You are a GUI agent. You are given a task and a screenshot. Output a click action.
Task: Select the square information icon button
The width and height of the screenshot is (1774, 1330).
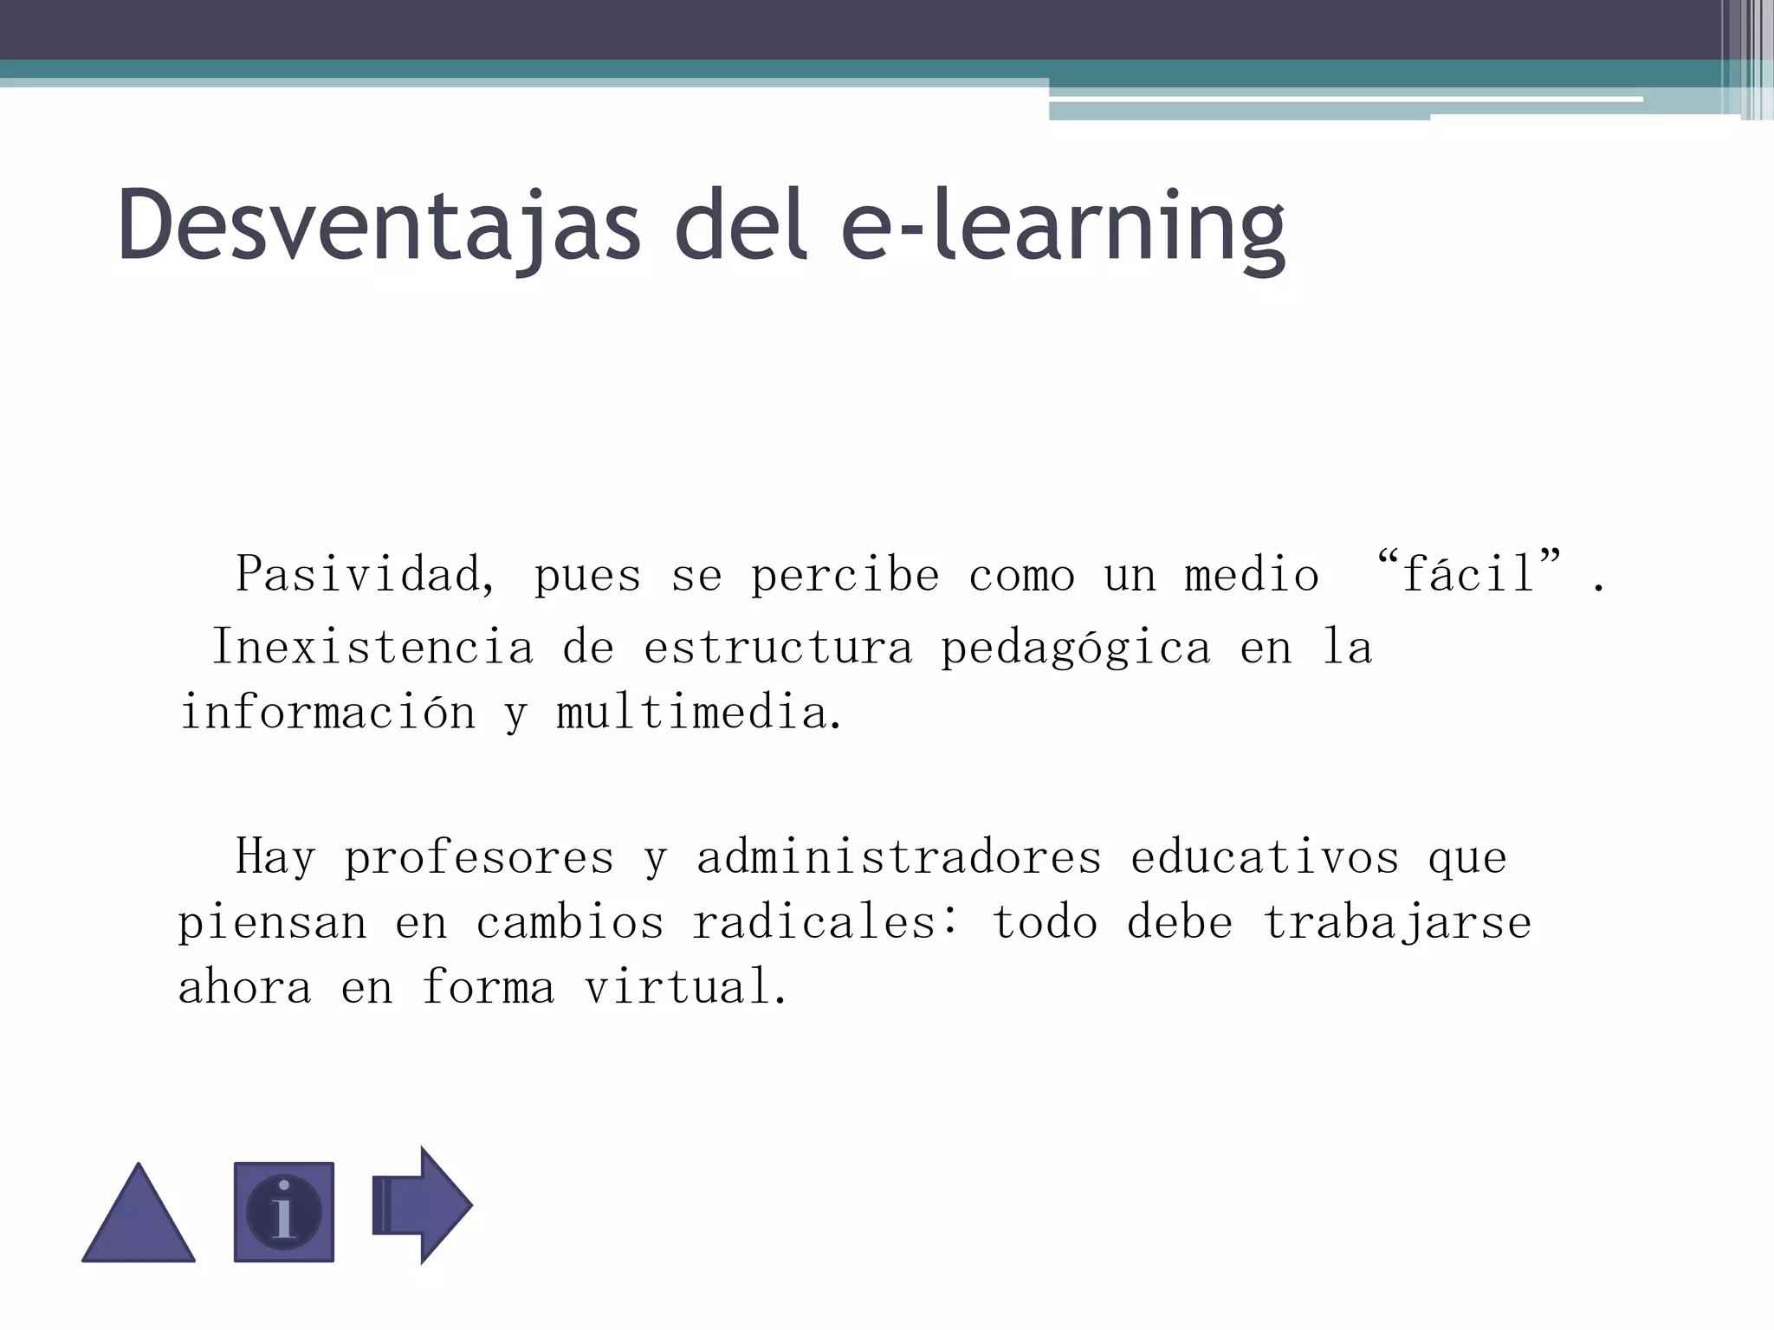[284, 1211]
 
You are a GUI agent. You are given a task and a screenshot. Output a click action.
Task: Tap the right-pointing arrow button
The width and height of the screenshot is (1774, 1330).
[422, 1204]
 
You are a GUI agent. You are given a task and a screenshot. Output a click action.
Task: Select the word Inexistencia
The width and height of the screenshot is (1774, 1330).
[372, 648]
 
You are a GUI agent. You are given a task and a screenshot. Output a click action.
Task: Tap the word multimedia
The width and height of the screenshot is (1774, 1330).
[698, 713]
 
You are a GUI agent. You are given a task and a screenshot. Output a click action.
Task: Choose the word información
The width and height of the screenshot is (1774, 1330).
[327, 713]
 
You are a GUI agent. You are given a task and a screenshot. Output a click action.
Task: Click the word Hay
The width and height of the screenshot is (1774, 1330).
[275, 858]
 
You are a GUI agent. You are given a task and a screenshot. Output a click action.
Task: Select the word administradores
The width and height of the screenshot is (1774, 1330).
[899, 858]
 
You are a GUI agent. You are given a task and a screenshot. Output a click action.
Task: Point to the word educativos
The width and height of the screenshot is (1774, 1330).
[1265, 858]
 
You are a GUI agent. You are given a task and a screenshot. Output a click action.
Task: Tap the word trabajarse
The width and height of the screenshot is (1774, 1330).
[1397, 923]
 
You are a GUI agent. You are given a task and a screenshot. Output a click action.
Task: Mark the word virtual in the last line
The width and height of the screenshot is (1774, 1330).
[685, 988]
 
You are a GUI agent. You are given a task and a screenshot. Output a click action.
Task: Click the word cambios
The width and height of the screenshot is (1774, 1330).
[570, 923]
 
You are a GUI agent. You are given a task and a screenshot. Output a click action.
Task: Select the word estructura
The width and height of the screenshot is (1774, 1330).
[778, 648]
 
